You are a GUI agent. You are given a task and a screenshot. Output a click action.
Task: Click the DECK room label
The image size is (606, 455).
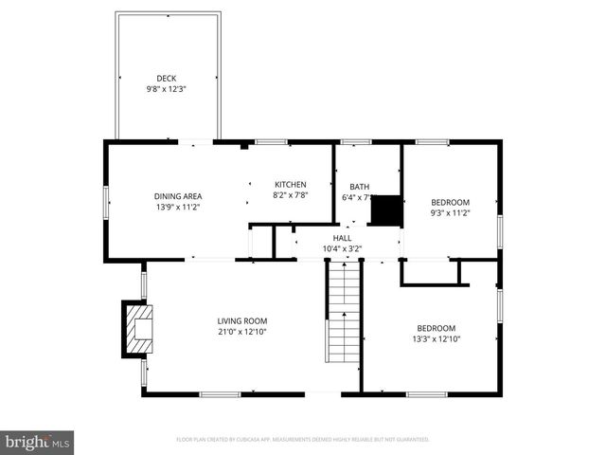[x=167, y=79]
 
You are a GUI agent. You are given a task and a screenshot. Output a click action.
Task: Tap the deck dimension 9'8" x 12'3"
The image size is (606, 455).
[x=167, y=89]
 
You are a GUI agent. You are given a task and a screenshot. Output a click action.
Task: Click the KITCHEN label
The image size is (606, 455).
[x=291, y=184]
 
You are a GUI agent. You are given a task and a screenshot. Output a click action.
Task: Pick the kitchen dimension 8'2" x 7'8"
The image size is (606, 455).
[x=291, y=194]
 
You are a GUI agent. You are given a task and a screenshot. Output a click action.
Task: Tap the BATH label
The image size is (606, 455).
[x=360, y=187]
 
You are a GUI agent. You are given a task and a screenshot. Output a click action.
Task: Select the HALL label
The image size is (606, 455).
[x=342, y=238]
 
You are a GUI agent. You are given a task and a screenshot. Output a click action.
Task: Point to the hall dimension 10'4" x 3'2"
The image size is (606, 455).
[x=342, y=248]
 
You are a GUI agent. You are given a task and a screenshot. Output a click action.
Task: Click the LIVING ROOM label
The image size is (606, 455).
[x=242, y=320]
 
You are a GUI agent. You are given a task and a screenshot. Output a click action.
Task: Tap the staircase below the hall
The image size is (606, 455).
[x=344, y=313]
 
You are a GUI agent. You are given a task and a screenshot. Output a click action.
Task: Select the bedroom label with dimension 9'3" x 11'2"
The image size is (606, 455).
[x=451, y=202]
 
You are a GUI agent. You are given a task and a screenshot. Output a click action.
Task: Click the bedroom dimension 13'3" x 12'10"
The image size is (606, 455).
[x=436, y=338]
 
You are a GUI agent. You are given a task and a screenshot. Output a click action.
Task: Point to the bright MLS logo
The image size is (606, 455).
[x=38, y=442]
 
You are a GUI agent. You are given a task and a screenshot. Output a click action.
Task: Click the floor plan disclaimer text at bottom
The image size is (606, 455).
[x=303, y=440]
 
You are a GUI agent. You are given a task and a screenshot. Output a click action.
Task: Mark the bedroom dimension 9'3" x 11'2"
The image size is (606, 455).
[x=451, y=212]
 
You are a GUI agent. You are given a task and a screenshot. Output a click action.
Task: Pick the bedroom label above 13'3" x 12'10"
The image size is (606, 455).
[x=436, y=328]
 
